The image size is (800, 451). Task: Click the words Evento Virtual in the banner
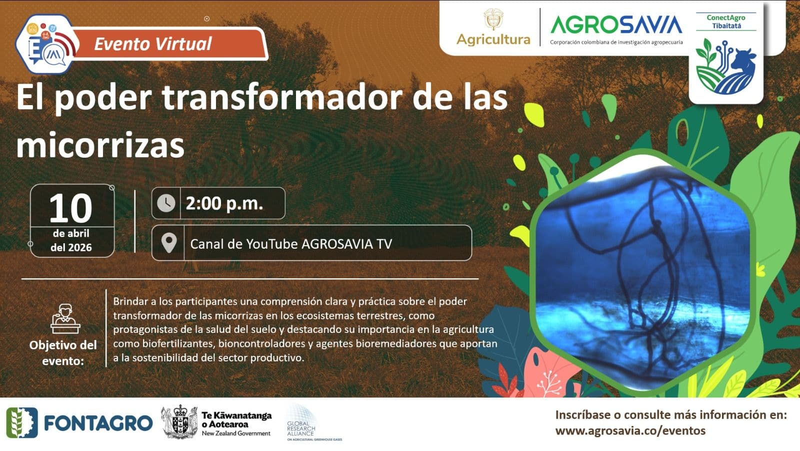[153, 44]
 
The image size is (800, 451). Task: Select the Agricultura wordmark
[493, 40]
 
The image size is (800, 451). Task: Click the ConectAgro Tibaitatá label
[726, 22]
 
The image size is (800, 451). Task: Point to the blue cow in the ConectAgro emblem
[743, 63]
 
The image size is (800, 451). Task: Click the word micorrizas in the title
[100, 146]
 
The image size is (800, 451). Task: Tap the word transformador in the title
[282, 98]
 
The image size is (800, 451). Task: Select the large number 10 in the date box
[70, 208]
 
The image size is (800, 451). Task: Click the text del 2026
[71, 247]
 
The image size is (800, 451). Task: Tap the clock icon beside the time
[166, 203]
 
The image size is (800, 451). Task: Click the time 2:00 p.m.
[224, 204]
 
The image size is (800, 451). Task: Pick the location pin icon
[169, 243]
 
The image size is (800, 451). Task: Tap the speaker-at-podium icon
[65, 319]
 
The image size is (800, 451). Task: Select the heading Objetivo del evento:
[63, 353]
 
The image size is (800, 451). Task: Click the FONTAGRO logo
[79, 423]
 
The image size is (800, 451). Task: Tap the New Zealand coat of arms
[179, 422]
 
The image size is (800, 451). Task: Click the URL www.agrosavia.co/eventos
[630, 430]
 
